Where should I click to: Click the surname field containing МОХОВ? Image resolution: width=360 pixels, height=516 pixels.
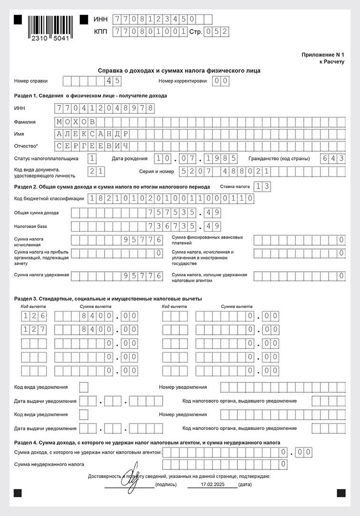click(x=76, y=121)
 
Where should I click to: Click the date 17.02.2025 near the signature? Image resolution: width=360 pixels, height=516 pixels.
click(x=212, y=484)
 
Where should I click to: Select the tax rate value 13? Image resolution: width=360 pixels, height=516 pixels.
click(x=263, y=187)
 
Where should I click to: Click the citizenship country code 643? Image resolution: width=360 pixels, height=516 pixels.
click(x=332, y=159)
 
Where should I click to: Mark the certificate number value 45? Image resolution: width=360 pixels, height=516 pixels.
click(x=113, y=81)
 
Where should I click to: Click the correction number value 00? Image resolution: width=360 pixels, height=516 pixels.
click(x=221, y=81)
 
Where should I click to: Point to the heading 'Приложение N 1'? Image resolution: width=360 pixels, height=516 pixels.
click(x=322, y=55)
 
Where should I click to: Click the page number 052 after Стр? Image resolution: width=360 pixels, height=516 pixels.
click(x=215, y=31)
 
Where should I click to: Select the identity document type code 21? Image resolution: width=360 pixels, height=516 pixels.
click(x=97, y=171)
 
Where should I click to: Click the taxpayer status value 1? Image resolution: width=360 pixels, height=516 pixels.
click(x=93, y=159)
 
